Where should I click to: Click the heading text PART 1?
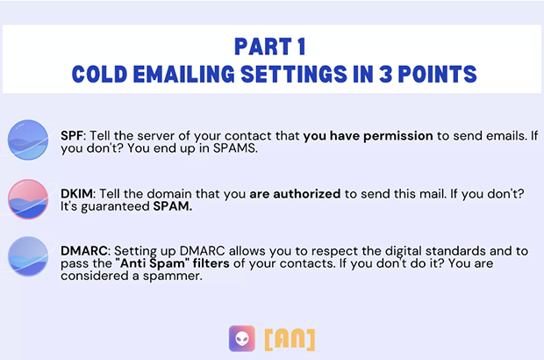[x=270, y=47]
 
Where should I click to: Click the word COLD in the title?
[x=99, y=74]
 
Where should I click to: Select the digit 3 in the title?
[x=385, y=74]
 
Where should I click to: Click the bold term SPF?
[x=72, y=136]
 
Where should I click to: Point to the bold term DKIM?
[x=76, y=194]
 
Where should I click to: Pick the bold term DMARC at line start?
[x=84, y=250]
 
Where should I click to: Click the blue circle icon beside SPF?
[x=28, y=140]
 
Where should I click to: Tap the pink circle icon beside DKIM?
[x=28, y=199]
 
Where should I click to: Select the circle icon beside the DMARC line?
[x=28, y=256]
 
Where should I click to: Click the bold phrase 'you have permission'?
[x=369, y=136]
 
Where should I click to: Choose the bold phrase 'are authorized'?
[x=295, y=194]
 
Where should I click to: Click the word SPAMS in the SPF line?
[x=234, y=148]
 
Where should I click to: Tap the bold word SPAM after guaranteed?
[x=173, y=206]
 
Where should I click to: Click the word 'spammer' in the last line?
[x=172, y=277]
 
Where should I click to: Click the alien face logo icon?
[x=242, y=338]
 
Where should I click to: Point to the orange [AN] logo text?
[x=290, y=339]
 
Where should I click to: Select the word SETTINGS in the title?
[x=294, y=74]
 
